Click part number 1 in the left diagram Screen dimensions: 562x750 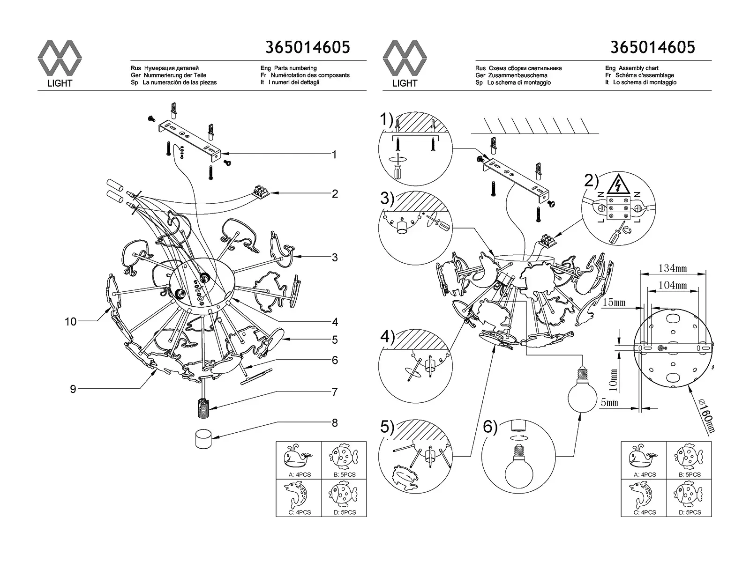(334, 155)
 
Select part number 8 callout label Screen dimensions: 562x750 (335, 423)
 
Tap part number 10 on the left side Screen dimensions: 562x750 (71, 321)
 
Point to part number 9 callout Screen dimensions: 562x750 (73, 389)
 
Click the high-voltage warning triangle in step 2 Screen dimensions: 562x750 (617, 186)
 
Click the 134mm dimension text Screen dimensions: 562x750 (673, 268)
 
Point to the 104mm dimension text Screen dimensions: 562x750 (673, 285)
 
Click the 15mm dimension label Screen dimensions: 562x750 (614, 303)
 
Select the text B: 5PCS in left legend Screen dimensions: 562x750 (344, 474)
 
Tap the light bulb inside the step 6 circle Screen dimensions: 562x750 (518, 468)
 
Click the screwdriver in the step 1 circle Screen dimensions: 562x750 (397, 167)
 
